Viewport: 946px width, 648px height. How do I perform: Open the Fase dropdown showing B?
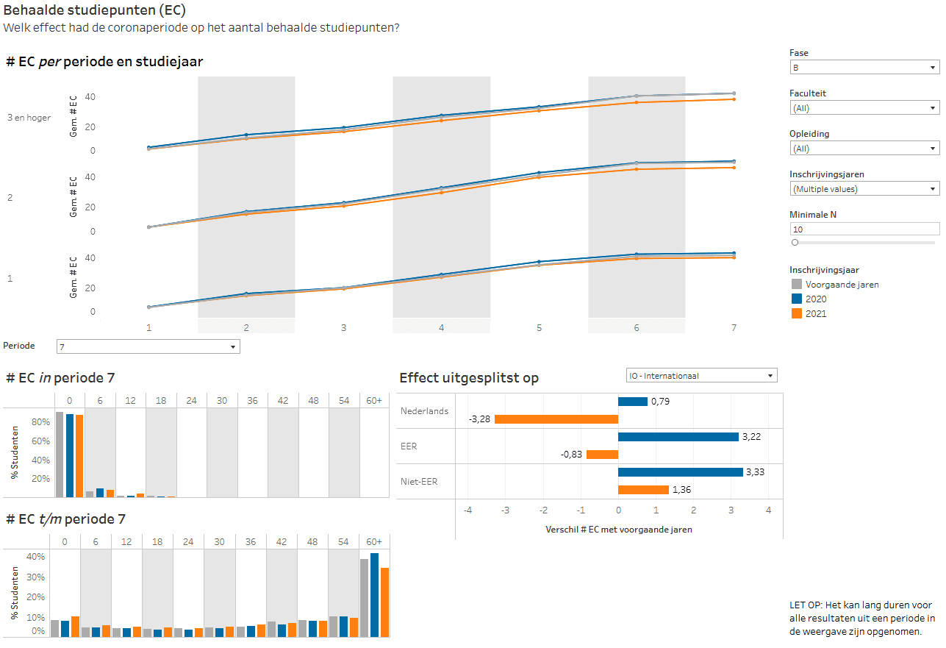coord(864,68)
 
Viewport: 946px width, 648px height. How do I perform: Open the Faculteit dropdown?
coord(864,108)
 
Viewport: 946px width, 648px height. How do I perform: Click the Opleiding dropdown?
coord(864,149)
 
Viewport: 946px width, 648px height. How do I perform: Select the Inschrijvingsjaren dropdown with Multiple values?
coord(864,189)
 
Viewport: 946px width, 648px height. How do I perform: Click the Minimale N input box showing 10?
coord(864,229)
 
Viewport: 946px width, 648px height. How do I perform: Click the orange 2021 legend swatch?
coord(796,314)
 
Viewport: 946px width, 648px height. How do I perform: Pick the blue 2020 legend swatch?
coord(796,299)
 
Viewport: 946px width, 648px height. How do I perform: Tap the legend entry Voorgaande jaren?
coord(842,285)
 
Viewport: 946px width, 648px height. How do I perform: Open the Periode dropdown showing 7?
coord(148,346)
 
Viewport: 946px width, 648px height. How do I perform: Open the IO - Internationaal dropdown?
coord(701,376)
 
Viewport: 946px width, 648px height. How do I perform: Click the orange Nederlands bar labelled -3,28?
coord(556,419)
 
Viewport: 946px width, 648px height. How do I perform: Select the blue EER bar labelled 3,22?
coord(678,437)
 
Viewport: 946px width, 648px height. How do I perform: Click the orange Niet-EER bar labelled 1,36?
coord(643,490)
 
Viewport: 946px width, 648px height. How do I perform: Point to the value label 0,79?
coord(660,402)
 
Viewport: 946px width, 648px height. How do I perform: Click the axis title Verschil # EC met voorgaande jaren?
coord(618,530)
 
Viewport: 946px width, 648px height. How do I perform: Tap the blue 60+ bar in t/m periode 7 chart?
coord(374,595)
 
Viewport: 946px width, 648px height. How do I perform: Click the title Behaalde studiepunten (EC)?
coord(95,10)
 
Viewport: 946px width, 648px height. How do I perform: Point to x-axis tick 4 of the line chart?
coord(441,327)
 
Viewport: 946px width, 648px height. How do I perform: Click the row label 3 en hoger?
coord(29,118)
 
